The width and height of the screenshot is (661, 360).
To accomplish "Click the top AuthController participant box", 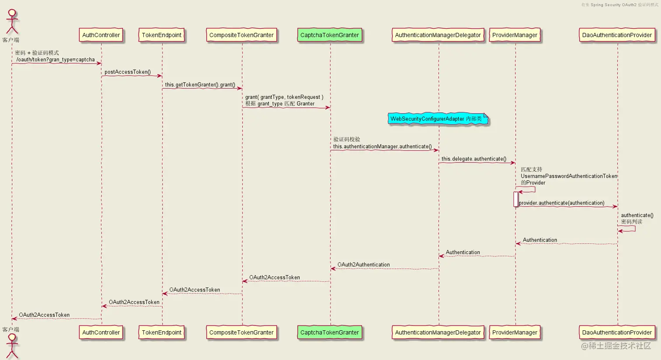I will point(101,35).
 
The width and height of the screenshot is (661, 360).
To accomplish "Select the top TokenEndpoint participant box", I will point(161,35).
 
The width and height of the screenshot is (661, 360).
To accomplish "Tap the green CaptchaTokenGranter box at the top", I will point(330,35).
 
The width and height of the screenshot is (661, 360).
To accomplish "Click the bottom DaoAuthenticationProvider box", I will point(617,332).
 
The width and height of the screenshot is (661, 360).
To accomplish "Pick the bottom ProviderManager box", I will point(515,332).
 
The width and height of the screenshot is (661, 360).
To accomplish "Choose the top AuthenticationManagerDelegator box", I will point(438,35).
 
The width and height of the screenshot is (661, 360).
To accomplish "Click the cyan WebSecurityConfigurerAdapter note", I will point(437,119).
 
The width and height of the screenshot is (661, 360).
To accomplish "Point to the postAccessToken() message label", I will point(128,72).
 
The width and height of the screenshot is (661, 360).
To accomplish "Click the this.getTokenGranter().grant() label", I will point(200,85).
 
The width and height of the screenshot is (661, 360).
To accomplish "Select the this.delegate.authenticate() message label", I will point(474,159).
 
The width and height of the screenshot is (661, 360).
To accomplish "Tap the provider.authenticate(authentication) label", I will point(562,203).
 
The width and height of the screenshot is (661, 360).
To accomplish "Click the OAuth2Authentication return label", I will point(364,265).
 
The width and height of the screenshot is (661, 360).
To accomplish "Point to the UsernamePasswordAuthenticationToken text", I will point(569,176).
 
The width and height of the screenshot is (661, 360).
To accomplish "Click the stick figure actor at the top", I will point(12,22).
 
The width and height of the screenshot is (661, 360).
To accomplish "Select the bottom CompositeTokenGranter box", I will point(241,332).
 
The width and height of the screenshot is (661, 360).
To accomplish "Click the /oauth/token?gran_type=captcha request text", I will point(56,60).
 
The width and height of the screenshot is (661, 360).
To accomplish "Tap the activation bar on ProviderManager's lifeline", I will point(516,199).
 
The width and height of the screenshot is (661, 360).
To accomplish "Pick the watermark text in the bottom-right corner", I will point(616,346).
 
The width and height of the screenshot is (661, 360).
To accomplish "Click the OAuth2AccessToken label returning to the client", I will point(44,315).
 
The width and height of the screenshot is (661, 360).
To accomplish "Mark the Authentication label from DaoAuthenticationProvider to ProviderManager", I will point(540,240).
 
